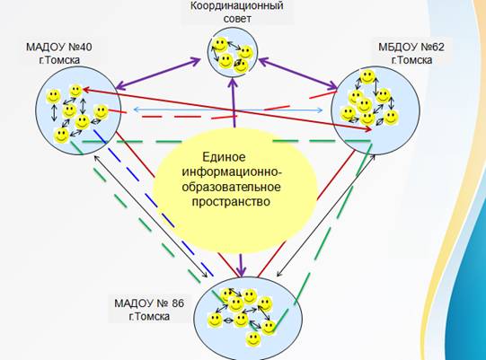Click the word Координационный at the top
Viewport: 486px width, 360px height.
(x=237, y=6)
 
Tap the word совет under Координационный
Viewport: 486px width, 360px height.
(x=237, y=19)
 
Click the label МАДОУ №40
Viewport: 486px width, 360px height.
(x=59, y=47)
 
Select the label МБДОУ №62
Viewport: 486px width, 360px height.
(x=411, y=47)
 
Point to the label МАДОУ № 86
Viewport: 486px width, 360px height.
(x=149, y=303)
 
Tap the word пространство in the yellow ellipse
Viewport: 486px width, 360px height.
(x=231, y=202)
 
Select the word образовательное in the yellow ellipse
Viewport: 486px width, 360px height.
(x=231, y=187)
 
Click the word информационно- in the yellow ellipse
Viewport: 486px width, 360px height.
(x=232, y=172)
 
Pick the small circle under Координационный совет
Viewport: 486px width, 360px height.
(x=233, y=52)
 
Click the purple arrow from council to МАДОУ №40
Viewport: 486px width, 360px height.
(x=158, y=74)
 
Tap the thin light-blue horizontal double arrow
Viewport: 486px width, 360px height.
(x=228, y=110)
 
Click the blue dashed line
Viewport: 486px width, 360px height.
(x=154, y=203)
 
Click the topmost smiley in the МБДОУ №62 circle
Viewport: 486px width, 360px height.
(x=367, y=77)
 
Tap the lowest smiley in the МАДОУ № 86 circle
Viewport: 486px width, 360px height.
(x=253, y=339)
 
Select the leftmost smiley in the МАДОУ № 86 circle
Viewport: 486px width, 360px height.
(x=215, y=320)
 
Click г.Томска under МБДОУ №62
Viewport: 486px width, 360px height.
(x=411, y=60)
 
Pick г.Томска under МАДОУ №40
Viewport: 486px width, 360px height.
(x=59, y=60)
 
